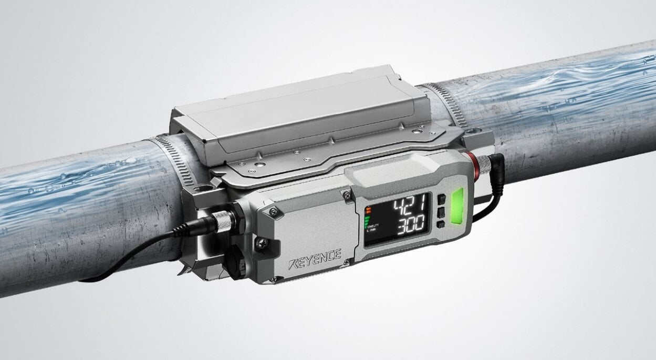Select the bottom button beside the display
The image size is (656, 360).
tap(440, 225)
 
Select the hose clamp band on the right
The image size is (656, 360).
tap(449, 102)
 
